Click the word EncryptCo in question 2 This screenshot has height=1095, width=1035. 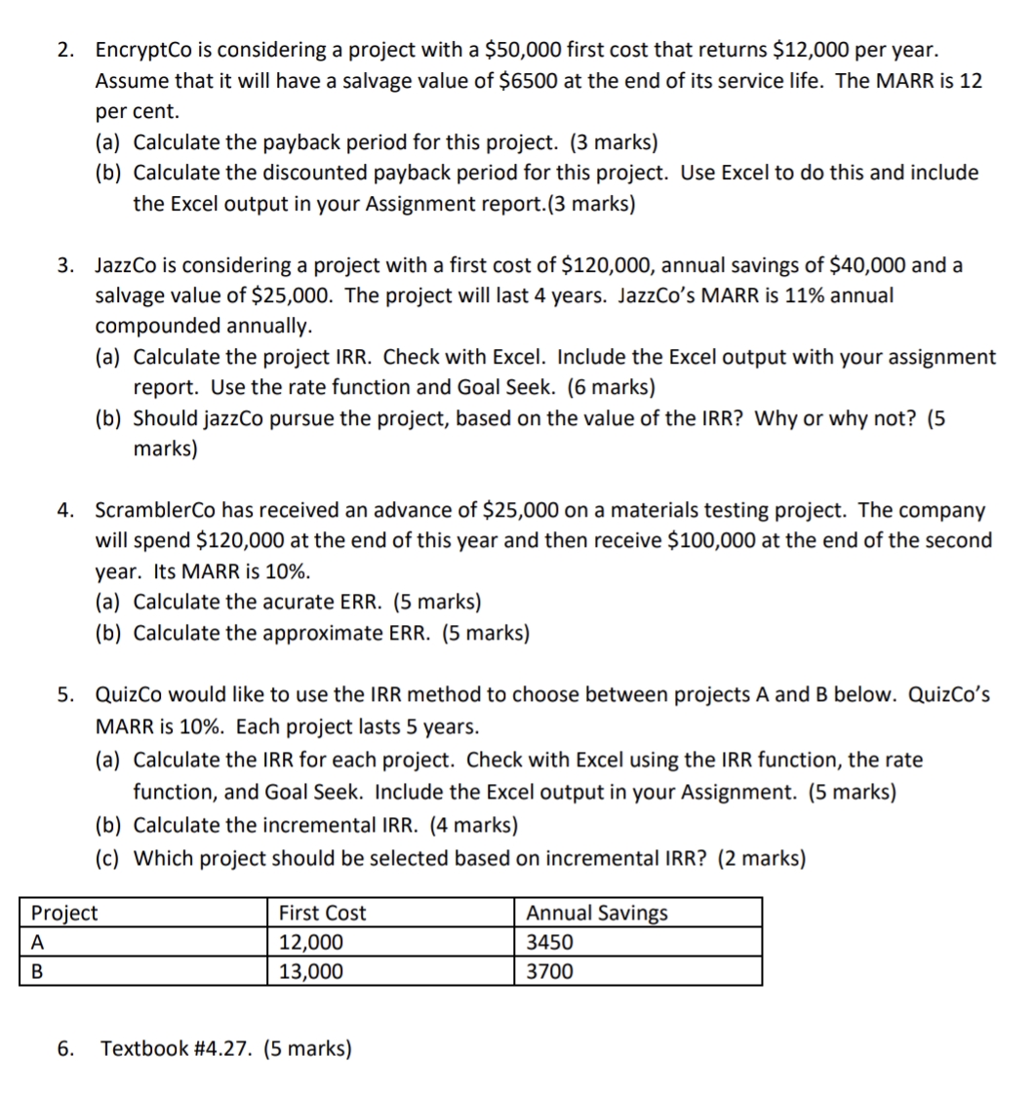pyautogui.click(x=139, y=50)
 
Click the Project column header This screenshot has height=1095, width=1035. pyautogui.click(x=64, y=913)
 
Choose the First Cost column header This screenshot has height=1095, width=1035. pyautogui.click(x=322, y=913)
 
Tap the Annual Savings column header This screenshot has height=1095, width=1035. pyautogui.click(x=597, y=913)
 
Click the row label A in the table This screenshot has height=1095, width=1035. pyautogui.click(x=38, y=942)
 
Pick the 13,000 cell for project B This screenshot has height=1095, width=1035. pyautogui.click(x=310, y=971)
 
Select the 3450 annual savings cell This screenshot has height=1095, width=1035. pyautogui.click(x=549, y=942)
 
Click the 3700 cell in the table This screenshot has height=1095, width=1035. pyautogui.click(x=549, y=971)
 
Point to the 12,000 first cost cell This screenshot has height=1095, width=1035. pyautogui.click(x=310, y=942)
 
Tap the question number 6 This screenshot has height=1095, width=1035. pyautogui.click(x=64, y=1049)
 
